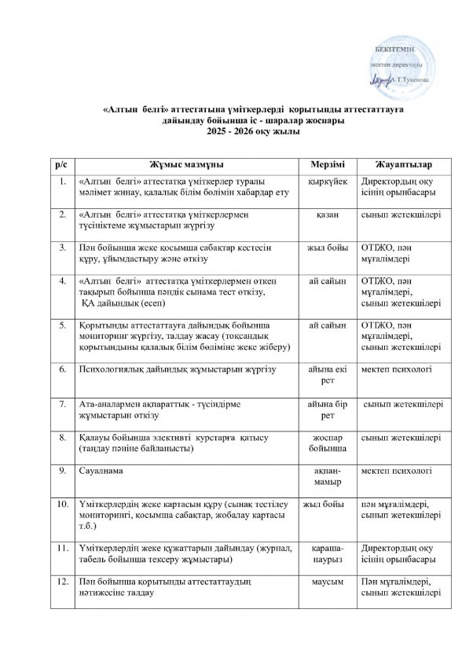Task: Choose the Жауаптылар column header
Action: pos(401,164)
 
